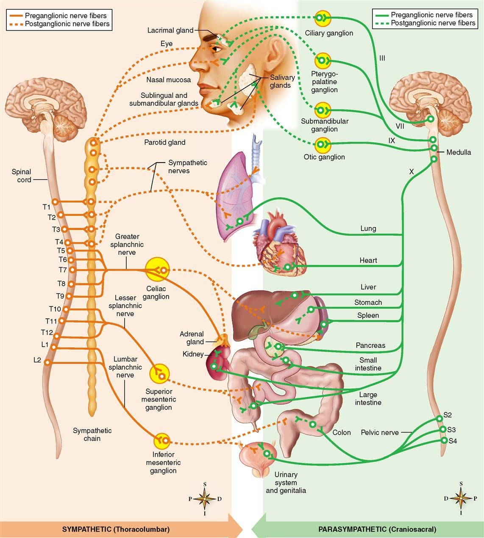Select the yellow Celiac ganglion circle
tap(157, 269)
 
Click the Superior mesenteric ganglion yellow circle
tap(160, 373)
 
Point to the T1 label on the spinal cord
tap(46, 207)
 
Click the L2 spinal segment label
tap(37, 360)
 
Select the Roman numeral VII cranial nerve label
tap(399, 126)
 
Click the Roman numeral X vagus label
tap(412, 171)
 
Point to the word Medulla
tap(459, 152)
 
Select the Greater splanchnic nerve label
tap(127, 244)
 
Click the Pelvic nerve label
tap(380, 432)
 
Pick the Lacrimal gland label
tap(170, 30)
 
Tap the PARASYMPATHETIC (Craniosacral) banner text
tap(377, 529)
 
